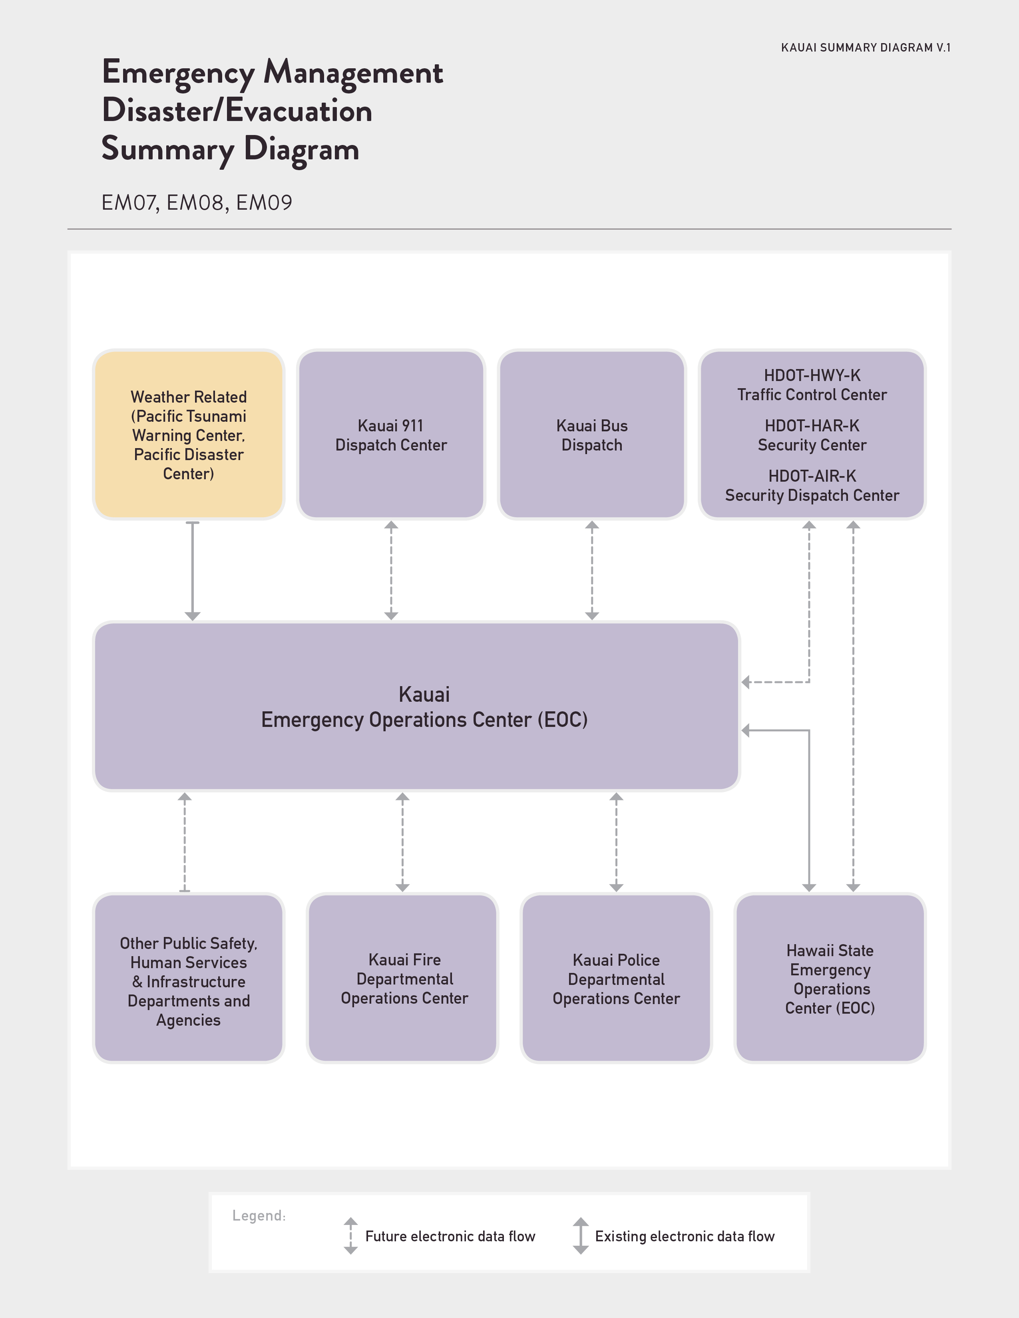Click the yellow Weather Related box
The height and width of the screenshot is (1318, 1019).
[188, 435]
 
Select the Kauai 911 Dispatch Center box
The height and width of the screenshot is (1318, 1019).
[391, 435]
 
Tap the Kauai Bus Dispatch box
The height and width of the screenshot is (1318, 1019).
[591, 435]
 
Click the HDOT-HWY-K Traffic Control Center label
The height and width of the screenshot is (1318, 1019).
[812, 385]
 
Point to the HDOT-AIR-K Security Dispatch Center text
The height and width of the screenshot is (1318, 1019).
[812, 486]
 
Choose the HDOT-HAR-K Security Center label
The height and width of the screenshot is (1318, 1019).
[812, 435]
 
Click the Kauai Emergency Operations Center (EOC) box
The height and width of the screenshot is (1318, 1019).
[416, 706]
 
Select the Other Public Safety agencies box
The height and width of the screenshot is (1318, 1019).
[188, 978]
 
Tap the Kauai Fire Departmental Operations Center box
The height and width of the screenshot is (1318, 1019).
[403, 978]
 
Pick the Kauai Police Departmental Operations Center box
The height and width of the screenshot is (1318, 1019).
[616, 978]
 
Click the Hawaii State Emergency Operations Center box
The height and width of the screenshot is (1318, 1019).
[830, 978]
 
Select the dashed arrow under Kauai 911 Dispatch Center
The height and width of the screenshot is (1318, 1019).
[391, 570]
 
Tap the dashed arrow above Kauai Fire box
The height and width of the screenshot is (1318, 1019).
[403, 842]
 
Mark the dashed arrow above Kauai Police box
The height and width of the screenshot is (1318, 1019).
[616, 842]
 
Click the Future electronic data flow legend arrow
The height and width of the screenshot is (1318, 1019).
[351, 1236]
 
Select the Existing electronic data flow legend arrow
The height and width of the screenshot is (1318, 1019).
[581, 1236]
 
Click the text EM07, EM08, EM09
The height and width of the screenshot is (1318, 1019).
[197, 203]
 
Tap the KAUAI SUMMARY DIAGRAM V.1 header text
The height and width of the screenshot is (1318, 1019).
[866, 48]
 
